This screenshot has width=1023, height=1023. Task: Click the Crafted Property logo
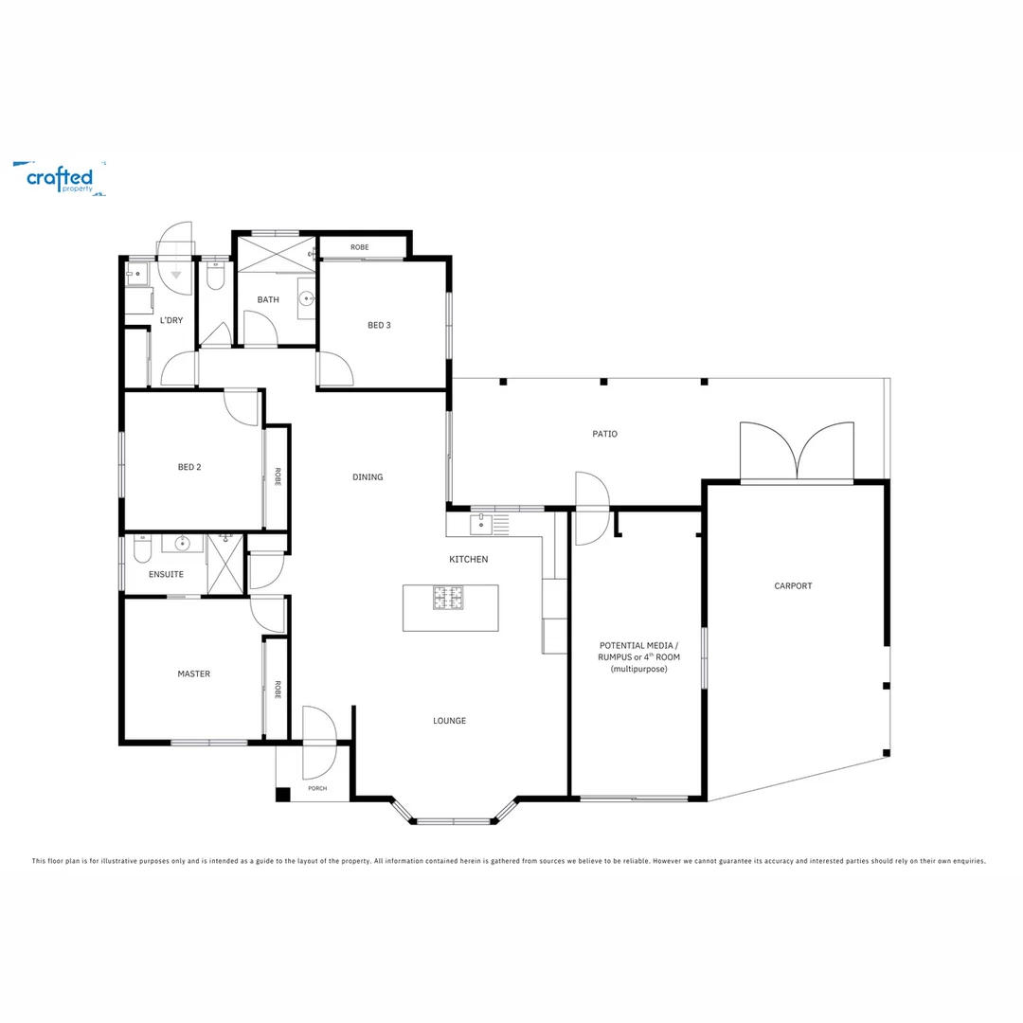[x=59, y=178]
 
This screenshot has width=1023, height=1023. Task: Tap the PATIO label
[x=604, y=434]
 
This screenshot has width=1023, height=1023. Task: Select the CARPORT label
[x=793, y=586]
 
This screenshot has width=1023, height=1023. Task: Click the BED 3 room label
[x=379, y=325]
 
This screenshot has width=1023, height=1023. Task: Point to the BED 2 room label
[x=189, y=467]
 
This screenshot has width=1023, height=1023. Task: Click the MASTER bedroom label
[x=193, y=674]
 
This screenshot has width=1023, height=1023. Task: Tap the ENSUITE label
[x=166, y=575]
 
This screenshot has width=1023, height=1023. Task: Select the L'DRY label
[x=171, y=320]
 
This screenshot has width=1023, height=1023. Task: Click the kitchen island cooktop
[x=449, y=598]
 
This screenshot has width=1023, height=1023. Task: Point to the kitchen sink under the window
[x=481, y=521]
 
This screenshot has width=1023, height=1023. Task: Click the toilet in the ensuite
[x=142, y=548]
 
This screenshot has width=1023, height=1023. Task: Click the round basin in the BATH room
[x=306, y=299]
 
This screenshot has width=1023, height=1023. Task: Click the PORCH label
[x=317, y=788]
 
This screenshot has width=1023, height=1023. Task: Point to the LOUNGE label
[x=449, y=721]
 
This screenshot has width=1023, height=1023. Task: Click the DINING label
[x=368, y=477]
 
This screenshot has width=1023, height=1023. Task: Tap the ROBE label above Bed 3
[x=359, y=247]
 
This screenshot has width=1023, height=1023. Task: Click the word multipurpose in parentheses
[x=638, y=669]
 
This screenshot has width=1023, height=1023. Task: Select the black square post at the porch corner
[x=282, y=795]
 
